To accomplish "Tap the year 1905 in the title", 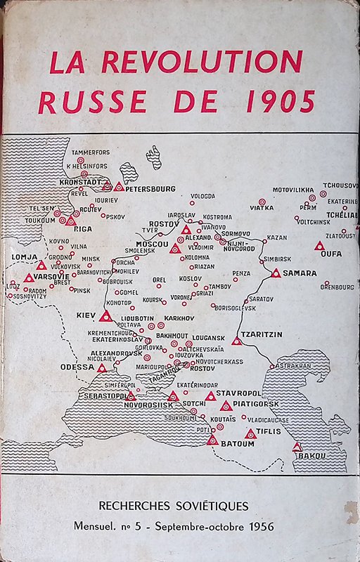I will point(280,102).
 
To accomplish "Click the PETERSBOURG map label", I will point(151,188).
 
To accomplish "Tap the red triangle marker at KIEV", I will point(105,317).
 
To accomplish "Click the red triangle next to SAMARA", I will point(276,273).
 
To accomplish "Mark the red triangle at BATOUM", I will point(212,440).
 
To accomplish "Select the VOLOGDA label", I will point(202,196).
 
